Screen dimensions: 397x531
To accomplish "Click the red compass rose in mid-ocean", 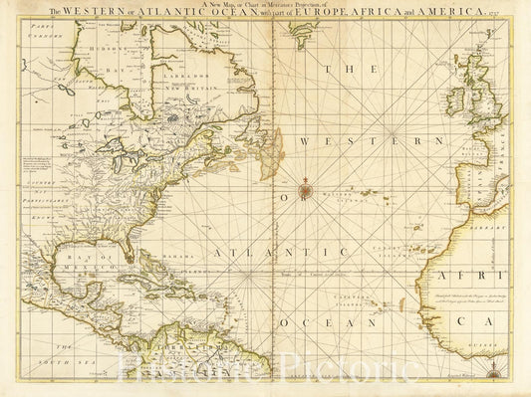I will pos(306,184).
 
